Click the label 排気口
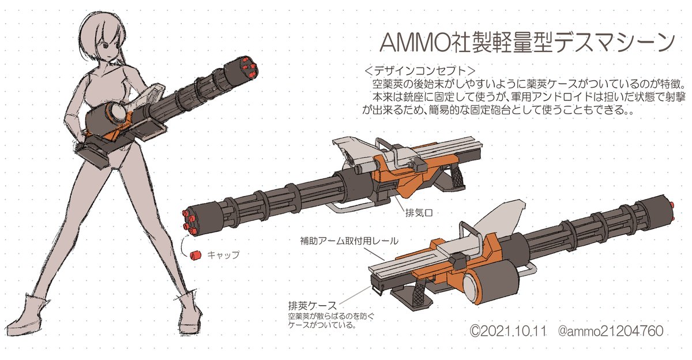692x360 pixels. [x=420, y=213]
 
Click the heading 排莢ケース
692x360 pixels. [x=313, y=304]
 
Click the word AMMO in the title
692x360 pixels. [x=405, y=44]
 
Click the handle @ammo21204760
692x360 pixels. [x=610, y=332]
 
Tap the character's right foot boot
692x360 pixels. [x=36, y=314]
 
